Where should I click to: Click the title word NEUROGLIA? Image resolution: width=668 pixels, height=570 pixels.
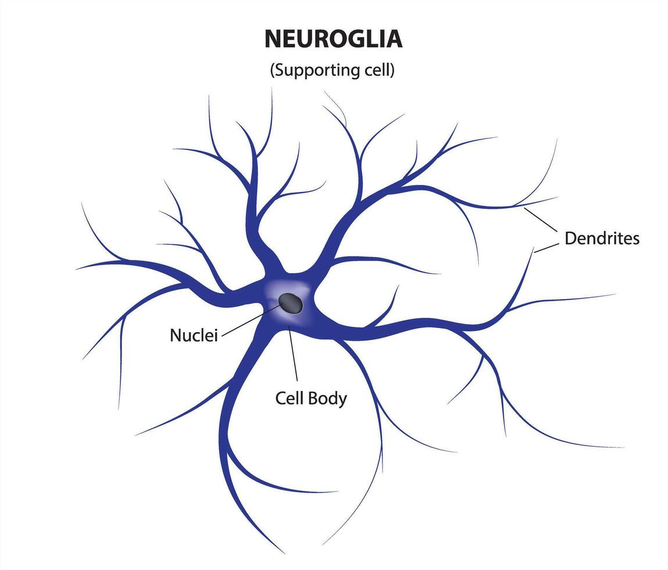333,39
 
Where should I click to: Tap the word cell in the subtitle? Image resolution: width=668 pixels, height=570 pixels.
378,70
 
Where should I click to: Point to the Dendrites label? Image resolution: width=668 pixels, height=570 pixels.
602,238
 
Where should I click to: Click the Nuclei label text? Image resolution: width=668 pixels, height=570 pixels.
194,335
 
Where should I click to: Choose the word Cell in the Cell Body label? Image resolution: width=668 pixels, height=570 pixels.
290,398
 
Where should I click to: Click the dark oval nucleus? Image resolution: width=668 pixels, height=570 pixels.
290,302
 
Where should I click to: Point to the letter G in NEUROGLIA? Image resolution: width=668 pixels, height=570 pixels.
359,39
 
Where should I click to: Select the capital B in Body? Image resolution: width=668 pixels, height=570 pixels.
316,398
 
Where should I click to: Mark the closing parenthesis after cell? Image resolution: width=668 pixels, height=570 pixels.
393,71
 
